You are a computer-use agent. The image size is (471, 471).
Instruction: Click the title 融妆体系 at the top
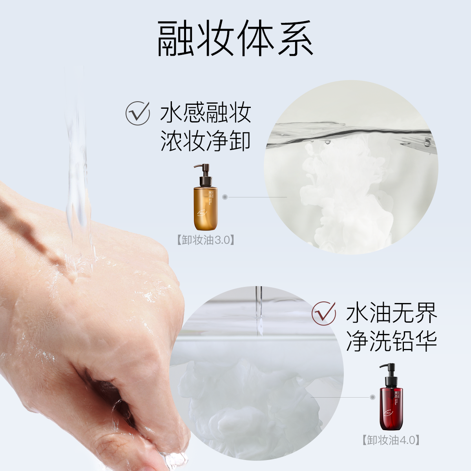[235, 38]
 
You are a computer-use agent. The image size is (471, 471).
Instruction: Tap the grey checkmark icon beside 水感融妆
[137, 113]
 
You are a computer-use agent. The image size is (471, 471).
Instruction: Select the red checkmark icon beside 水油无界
[324, 313]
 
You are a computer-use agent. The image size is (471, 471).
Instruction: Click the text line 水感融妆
[205, 113]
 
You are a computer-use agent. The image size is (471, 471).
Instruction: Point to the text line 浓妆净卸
[205, 141]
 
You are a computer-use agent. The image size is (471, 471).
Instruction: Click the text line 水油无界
[391, 313]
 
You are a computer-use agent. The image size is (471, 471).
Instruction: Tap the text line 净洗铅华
[391, 341]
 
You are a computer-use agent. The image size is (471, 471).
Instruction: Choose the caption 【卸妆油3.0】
[205, 240]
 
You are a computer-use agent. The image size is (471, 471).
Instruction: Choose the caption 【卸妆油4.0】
[391, 440]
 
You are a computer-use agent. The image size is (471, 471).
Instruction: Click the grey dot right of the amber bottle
[225, 197]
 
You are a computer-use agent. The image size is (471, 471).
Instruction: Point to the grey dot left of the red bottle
[372, 397]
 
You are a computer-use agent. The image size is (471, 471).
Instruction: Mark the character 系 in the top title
[295, 38]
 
